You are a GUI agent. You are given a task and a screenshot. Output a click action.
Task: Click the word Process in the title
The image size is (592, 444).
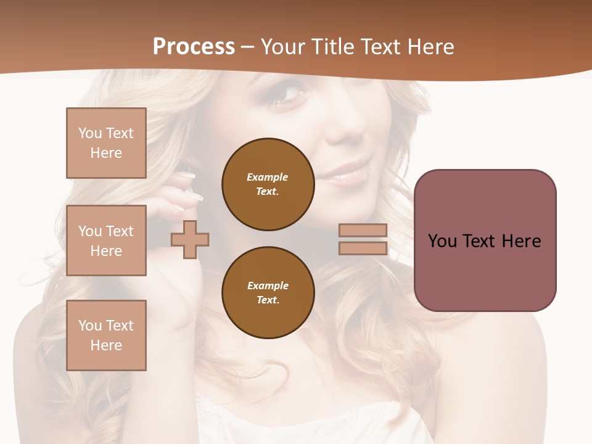click(x=194, y=47)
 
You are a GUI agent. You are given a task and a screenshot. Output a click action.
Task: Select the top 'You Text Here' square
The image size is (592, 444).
click(x=106, y=143)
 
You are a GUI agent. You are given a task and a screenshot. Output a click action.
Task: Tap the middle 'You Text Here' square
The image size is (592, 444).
click(x=106, y=240)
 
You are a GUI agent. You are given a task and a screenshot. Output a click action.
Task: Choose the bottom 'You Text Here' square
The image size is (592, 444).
click(x=106, y=335)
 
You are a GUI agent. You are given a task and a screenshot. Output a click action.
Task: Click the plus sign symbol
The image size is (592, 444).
click(x=190, y=239)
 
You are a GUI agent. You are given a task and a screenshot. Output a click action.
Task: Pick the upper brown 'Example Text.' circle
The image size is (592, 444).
click(x=268, y=184)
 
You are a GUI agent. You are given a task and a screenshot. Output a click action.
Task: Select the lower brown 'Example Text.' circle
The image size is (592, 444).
click(x=268, y=293)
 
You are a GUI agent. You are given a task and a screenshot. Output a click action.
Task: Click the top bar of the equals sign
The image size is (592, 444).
click(x=363, y=231)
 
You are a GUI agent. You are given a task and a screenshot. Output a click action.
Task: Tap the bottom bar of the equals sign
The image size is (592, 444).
click(x=363, y=249)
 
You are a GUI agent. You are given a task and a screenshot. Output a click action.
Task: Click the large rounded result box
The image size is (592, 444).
click(x=485, y=240)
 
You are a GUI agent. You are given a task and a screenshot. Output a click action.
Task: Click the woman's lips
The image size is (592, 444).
click(x=349, y=173)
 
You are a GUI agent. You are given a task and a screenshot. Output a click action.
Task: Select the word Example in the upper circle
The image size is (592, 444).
click(x=268, y=177)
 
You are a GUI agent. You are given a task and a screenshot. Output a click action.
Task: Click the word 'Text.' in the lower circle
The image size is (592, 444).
click(x=268, y=300)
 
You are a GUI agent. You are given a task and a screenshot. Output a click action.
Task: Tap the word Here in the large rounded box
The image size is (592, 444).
click(x=521, y=241)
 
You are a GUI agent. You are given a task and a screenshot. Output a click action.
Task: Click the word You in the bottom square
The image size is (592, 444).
click(x=90, y=326)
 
